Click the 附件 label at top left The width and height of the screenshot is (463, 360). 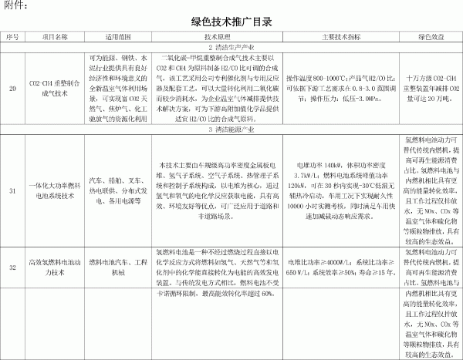[x=16, y=6]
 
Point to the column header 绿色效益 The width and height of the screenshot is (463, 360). [x=430, y=36]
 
